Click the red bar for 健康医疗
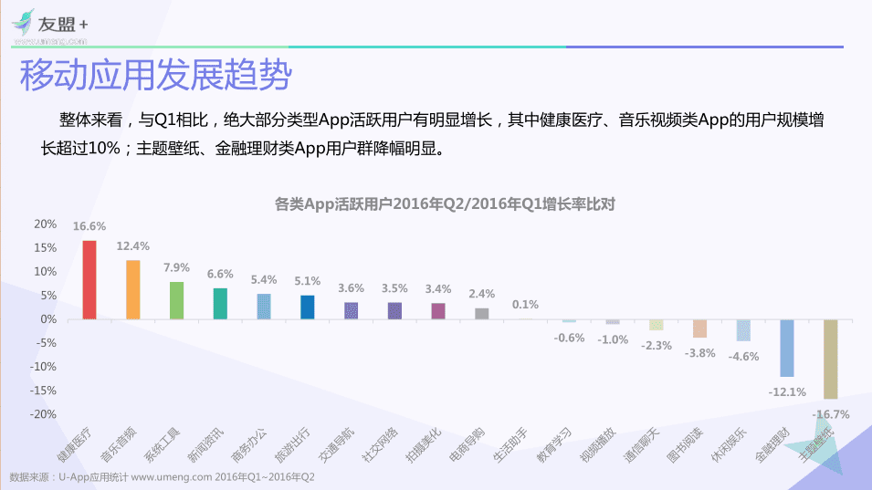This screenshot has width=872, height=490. [89, 279]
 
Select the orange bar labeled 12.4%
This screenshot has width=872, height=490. [133, 289]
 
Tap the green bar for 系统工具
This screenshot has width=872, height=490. [176, 300]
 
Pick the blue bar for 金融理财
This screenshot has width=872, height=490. [786, 348]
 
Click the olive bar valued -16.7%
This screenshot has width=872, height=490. [830, 359]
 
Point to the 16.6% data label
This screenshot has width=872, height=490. [89, 226]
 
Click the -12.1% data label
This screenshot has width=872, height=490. [787, 391]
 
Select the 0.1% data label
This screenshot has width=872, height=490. [525, 305]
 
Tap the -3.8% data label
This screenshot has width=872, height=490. [699, 353]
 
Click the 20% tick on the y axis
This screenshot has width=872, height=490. [45, 224]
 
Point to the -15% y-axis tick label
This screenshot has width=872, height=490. [43, 390]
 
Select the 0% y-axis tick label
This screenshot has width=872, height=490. [48, 319]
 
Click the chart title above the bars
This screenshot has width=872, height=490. [445, 203]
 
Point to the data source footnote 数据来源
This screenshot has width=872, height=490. [162, 477]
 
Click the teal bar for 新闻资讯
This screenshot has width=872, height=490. [220, 303]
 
